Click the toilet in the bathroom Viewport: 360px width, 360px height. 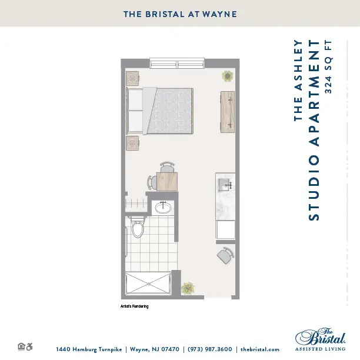pyautogui.click(x=138, y=227)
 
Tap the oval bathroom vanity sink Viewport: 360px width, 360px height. pyautogui.click(x=163, y=208)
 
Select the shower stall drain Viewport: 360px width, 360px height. pyautogui.click(x=149, y=284)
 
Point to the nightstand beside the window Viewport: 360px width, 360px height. pyautogui.click(x=132, y=78)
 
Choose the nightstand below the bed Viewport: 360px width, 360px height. pyautogui.click(x=132, y=143)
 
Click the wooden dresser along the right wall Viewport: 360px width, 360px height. pyautogui.click(x=228, y=112)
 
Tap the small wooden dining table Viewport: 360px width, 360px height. pyautogui.click(x=167, y=181)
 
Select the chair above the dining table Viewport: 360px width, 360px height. pyautogui.click(x=167, y=167)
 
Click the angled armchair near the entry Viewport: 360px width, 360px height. pyautogui.click(x=225, y=255)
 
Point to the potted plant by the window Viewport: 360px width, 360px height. pyautogui.click(x=227, y=76)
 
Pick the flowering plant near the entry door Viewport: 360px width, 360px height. pyautogui.click(x=188, y=288)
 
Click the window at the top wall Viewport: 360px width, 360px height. pyautogui.click(x=177, y=63)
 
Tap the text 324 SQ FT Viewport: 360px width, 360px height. pyautogui.click(x=328, y=67)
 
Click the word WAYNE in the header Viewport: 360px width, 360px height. pyautogui.click(x=219, y=14)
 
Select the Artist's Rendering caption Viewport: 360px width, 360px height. pyautogui.click(x=135, y=306)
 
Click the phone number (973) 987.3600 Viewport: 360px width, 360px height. pyautogui.click(x=210, y=349)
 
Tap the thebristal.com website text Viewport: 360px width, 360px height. pyautogui.click(x=260, y=349)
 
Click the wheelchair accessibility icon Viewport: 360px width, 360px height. pyautogui.click(x=29, y=346)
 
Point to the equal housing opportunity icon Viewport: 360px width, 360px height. pyautogui.click(x=21, y=346)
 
